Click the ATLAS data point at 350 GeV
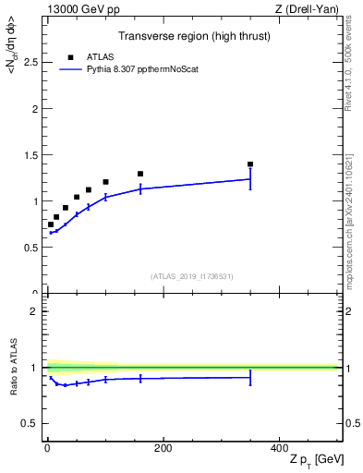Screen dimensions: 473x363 250,164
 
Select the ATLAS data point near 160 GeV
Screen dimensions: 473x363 140,174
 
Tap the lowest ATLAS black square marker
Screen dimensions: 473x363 51,224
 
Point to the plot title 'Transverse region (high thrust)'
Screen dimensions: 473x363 194,36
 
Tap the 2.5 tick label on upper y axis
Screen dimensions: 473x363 32,62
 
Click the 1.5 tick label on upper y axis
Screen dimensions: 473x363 32,155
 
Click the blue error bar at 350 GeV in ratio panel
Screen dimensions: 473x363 250,377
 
